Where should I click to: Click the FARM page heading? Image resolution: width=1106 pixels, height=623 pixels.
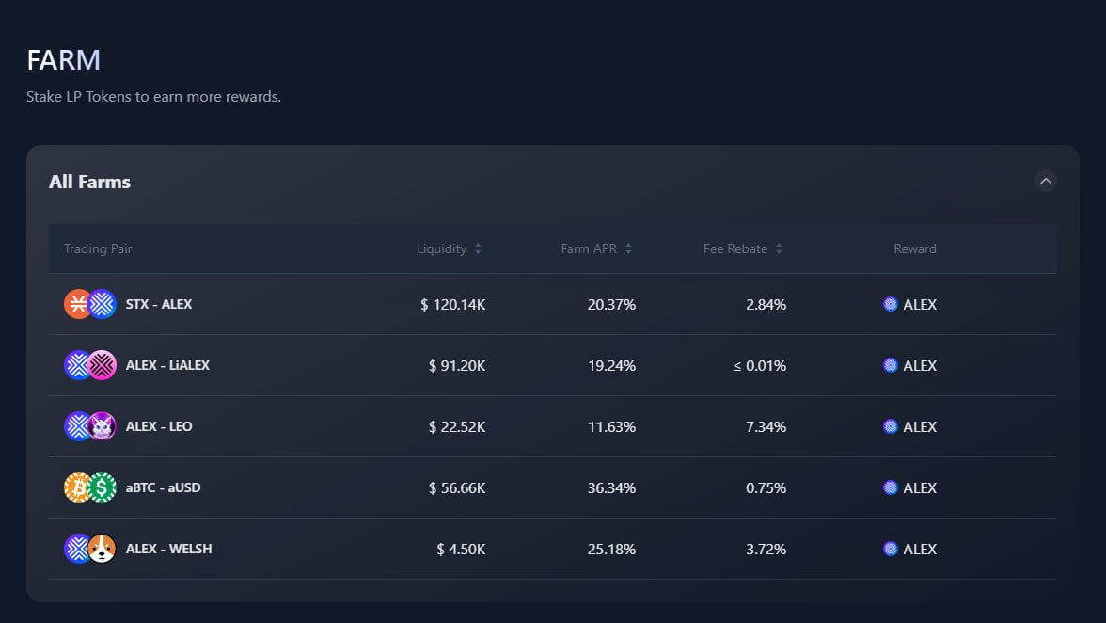point(63,60)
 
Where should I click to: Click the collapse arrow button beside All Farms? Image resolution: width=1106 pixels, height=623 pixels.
point(1045,181)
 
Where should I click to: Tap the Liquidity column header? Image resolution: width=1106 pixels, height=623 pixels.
point(442,248)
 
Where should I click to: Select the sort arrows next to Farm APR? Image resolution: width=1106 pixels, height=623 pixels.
point(628,248)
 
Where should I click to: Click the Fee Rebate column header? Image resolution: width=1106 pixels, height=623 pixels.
point(735,248)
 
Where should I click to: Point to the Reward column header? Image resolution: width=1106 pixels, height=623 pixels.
point(914,248)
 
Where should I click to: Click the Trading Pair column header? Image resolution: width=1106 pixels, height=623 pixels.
point(98,248)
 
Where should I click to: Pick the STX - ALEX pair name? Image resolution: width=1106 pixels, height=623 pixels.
point(158,304)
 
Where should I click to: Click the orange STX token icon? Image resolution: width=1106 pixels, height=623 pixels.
point(77,304)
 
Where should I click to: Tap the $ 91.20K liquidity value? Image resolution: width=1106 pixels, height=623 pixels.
point(457,365)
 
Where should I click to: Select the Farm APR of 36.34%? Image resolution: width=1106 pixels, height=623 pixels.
point(611,487)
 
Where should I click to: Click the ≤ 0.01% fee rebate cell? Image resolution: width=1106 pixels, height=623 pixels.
point(759,365)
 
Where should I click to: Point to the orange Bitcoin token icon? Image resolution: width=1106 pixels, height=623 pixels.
point(77,487)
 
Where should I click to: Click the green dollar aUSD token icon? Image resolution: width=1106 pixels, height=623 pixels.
point(102,487)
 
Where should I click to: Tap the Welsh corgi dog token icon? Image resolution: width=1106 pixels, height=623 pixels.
point(102,549)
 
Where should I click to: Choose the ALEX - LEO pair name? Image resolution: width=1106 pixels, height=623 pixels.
point(158,426)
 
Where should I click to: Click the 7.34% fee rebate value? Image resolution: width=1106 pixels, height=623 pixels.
point(766,426)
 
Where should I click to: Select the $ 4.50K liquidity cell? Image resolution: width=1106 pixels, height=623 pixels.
point(461,549)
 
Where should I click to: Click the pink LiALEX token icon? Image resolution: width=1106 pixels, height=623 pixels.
point(102,365)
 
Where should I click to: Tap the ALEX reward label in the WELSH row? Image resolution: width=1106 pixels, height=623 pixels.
point(919,549)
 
